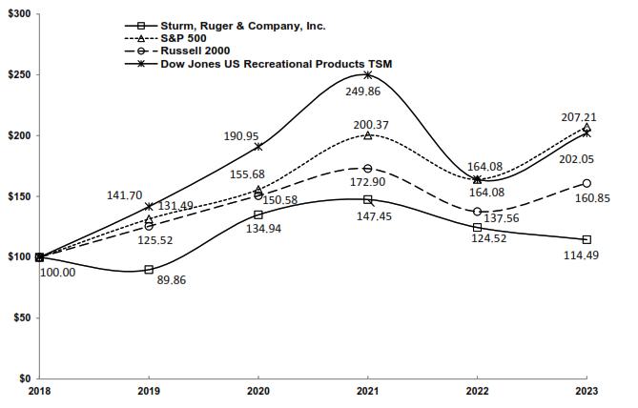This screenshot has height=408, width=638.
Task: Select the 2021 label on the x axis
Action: pyautogui.click(x=367, y=391)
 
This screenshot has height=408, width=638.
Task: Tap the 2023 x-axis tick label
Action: pyautogui.click(x=587, y=391)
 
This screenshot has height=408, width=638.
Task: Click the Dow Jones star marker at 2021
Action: pyautogui.click(x=367, y=74)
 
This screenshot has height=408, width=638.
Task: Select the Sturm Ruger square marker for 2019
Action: pyautogui.click(x=149, y=270)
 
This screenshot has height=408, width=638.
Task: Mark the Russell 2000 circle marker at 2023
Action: pyautogui.click(x=587, y=183)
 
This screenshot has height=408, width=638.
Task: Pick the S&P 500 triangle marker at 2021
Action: pyautogui.click(x=367, y=135)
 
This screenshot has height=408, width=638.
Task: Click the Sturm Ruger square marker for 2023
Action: pyautogui.click(x=587, y=239)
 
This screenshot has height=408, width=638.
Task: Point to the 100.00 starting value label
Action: pyautogui.click(x=58, y=273)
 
